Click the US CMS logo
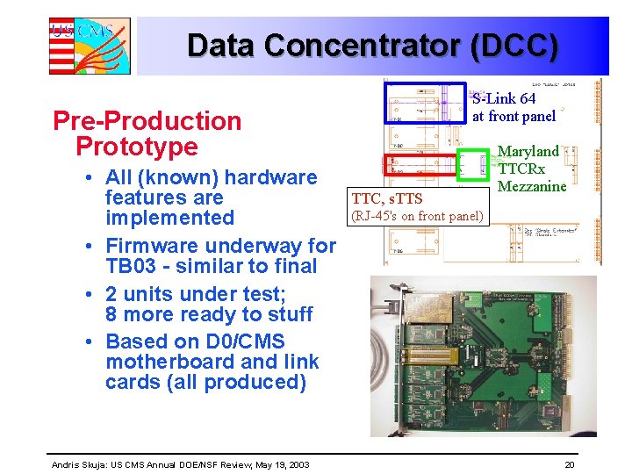[89, 46]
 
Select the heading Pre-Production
[147, 121]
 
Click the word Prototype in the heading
[137, 146]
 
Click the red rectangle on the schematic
[422, 165]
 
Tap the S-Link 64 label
[504, 99]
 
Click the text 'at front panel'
[513, 116]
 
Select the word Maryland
[528, 152]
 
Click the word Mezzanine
[532, 186]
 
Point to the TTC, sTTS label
[387, 199]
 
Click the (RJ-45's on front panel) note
[417, 216]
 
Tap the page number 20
[570, 464]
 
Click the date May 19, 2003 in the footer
[280, 464]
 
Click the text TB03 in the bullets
[133, 266]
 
